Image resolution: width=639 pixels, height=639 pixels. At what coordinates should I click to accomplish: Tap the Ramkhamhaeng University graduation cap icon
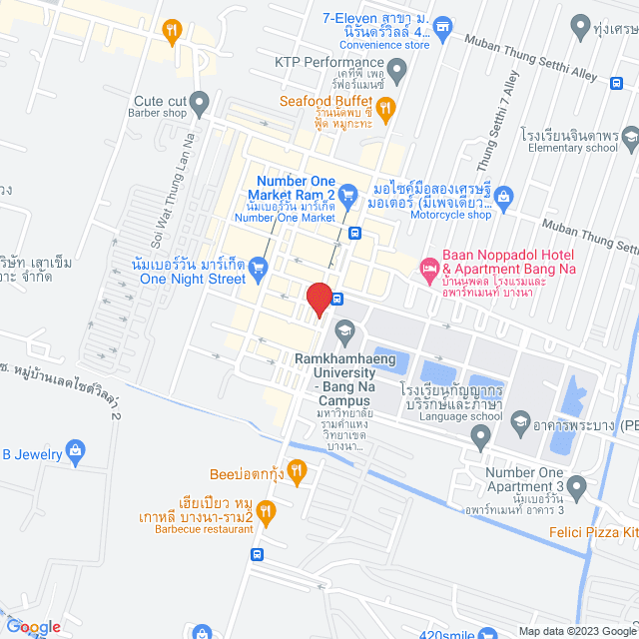(x=344, y=329)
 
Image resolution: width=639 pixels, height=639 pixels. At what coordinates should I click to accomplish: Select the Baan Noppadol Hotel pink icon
(x=428, y=267)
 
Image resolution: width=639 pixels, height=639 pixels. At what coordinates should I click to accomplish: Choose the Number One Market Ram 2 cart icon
(x=347, y=192)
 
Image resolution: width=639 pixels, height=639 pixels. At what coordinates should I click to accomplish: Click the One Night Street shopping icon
(x=259, y=267)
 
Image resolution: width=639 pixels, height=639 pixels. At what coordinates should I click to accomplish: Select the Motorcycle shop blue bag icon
(x=504, y=197)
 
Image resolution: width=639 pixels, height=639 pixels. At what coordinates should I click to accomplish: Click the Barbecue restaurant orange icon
(x=266, y=513)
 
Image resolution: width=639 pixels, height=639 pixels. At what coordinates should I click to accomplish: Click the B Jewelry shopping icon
(x=73, y=450)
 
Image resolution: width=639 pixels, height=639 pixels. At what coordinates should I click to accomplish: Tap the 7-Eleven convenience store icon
(x=446, y=30)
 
